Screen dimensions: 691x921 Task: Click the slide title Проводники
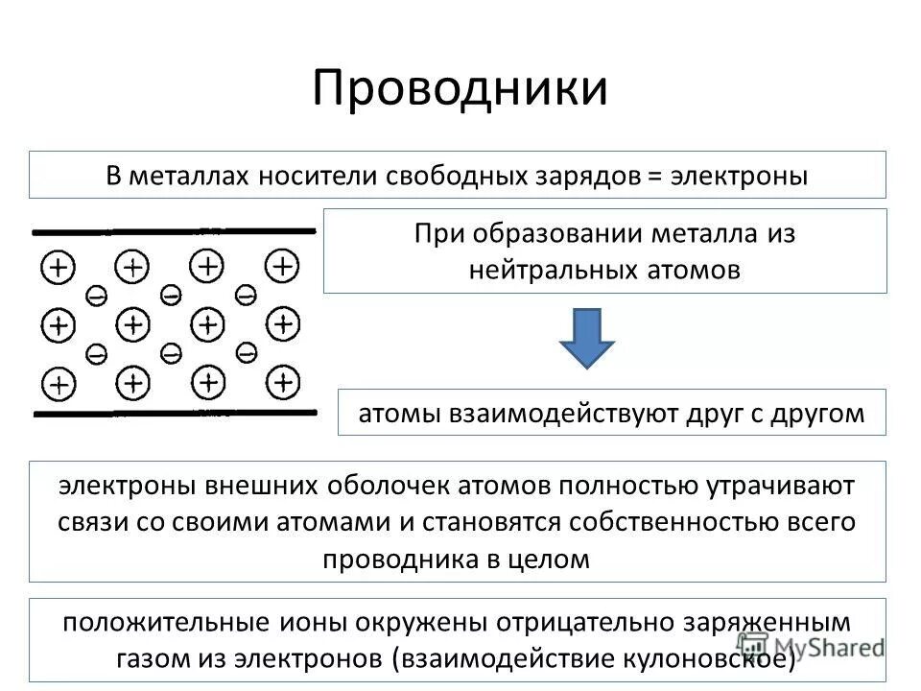tap(460, 88)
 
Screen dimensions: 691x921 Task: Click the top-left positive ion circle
tap(58, 267)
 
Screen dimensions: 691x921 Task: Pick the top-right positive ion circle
tap(282, 265)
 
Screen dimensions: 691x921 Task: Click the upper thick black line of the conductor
tap(173, 231)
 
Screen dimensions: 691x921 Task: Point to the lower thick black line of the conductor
tap(173, 414)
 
